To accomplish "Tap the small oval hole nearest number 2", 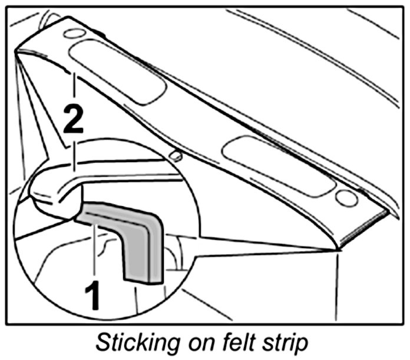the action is [74, 34].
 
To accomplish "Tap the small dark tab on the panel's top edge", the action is [101, 35].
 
